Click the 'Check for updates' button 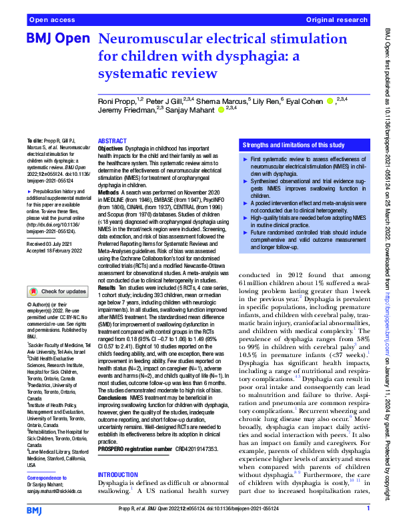[58, 291]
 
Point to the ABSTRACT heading [113, 142]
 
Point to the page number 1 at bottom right [368, 508]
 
